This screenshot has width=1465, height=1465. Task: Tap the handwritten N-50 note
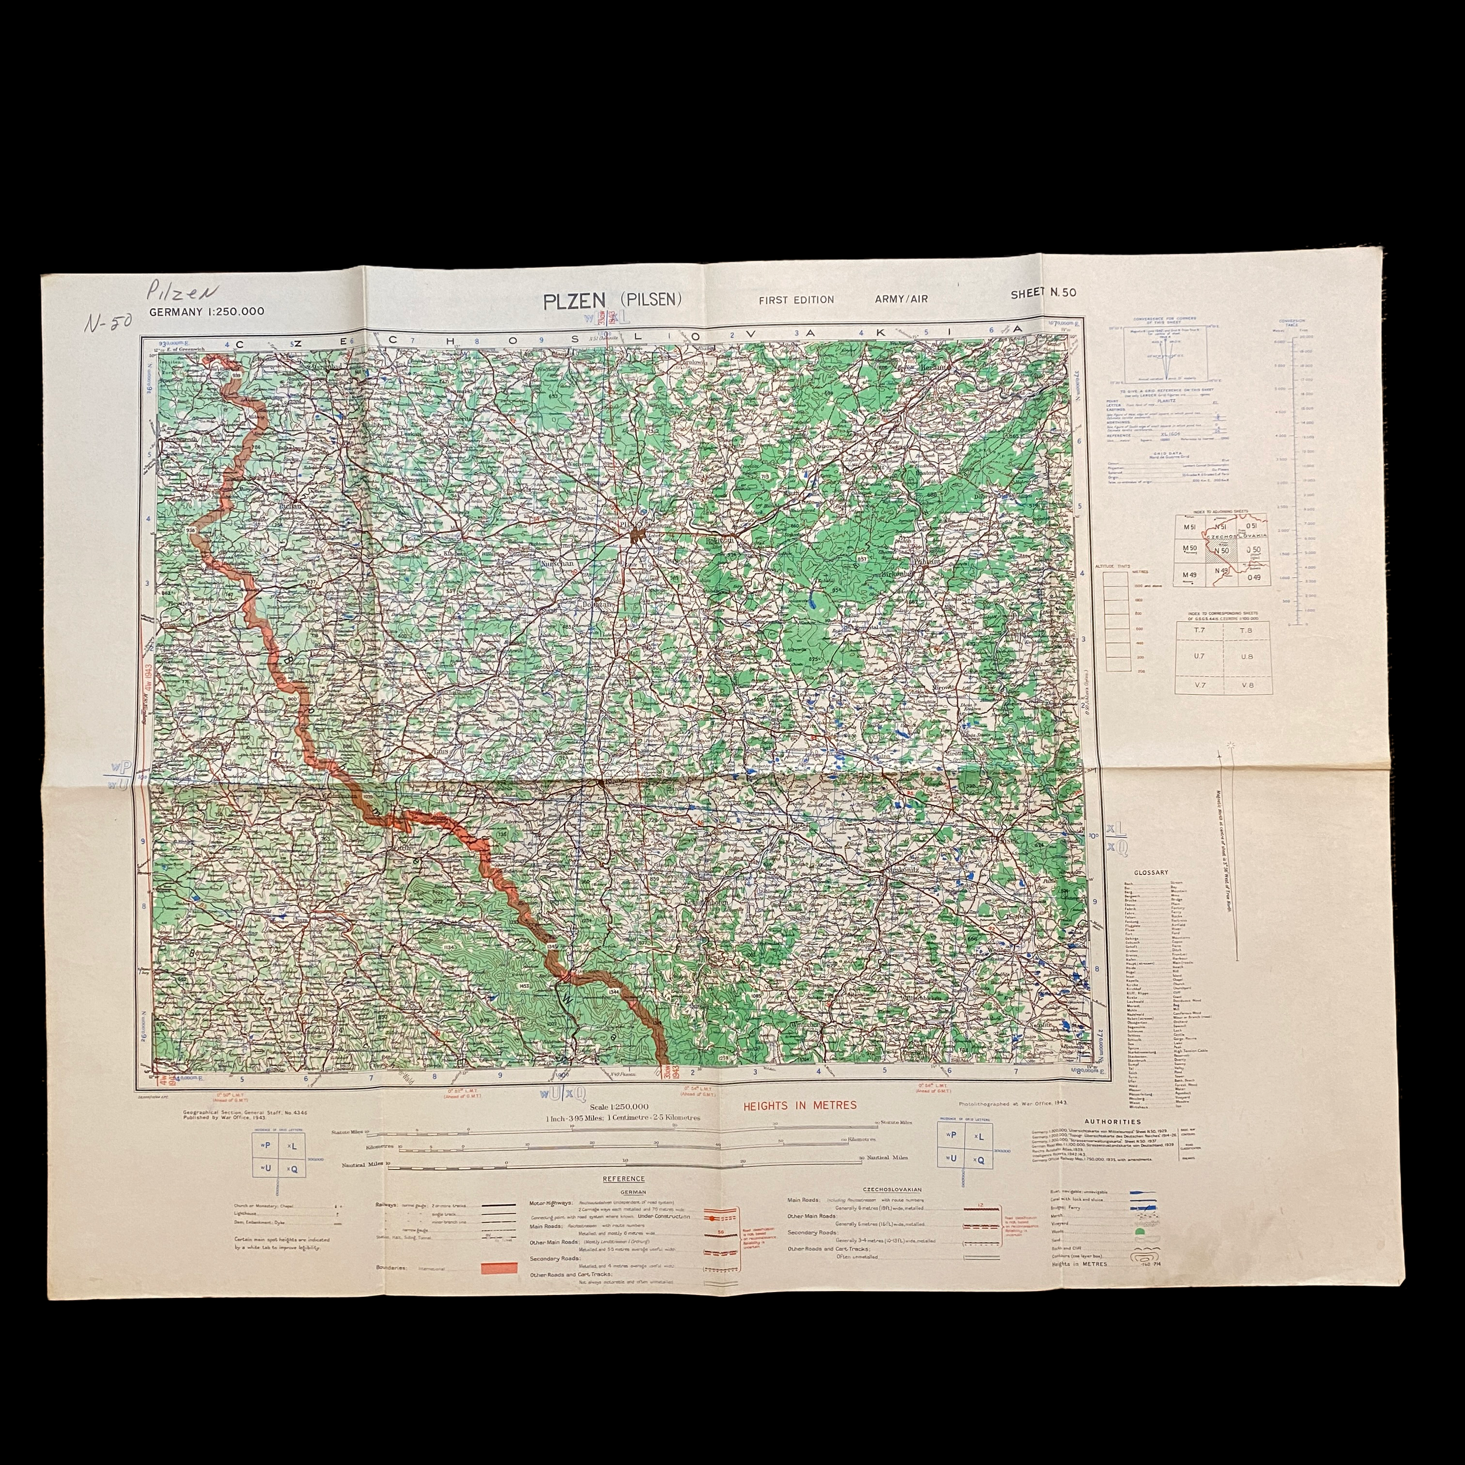point(108,322)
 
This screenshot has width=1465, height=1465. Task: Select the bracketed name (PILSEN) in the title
point(652,299)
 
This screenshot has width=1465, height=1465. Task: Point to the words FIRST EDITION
point(796,299)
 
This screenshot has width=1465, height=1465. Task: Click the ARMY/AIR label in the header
point(902,299)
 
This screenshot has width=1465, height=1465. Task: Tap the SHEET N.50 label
point(1042,294)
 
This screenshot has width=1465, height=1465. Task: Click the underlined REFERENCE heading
point(624,1178)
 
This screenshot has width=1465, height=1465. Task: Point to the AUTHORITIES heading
point(1112,1122)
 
